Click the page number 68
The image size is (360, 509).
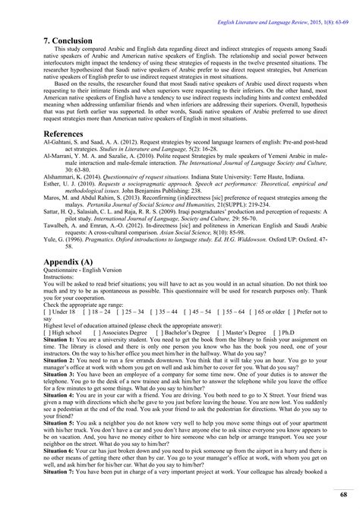pos(344,495)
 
